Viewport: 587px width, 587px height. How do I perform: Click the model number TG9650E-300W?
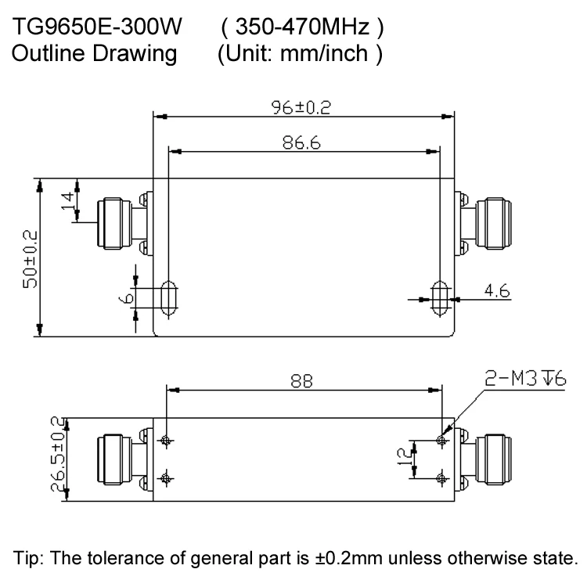tap(97, 27)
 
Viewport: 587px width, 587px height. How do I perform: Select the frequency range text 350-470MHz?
tap(302, 27)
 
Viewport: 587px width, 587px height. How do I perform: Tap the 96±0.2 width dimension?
tap(301, 107)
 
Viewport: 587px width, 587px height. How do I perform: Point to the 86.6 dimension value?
tap(301, 142)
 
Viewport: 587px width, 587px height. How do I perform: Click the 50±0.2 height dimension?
tap(31, 259)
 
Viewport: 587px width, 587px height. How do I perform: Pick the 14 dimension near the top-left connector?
tap(67, 201)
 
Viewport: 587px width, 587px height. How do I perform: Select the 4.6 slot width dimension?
tap(497, 290)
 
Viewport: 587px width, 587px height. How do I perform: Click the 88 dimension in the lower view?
tap(301, 381)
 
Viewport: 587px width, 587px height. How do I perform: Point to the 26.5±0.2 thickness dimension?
tap(58, 454)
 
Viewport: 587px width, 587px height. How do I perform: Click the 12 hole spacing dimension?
tap(404, 457)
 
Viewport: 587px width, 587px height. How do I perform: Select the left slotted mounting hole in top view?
tap(168, 298)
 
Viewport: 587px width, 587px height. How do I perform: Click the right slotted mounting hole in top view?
tap(440, 298)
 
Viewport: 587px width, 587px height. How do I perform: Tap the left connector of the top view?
tap(124, 224)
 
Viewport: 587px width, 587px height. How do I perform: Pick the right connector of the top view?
tap(483, 224)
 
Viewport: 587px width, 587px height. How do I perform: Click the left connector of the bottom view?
tap(124, 459)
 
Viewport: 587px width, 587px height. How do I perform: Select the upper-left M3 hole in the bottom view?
tap(166, 440)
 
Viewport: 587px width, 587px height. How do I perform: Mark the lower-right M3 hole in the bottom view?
tap(441, 478)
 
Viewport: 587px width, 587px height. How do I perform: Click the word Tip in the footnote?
tap(26, 558)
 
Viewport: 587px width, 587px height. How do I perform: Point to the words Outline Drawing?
tap(95, 53)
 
